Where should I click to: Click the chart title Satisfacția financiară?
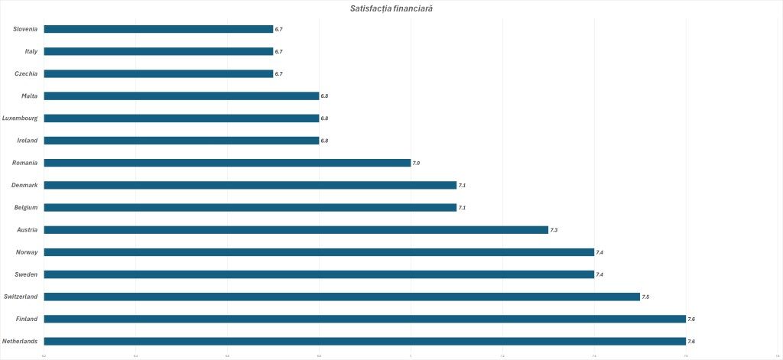[x=391, y=8]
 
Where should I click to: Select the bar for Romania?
[x=227, y=163]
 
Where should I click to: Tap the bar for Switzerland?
[x=342, y=297]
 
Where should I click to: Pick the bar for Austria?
[x=296, y=230]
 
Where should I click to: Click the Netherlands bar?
[x=365, y=341]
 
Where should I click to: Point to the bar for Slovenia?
[x=158, y=29]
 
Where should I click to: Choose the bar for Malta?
[x=181, y=96]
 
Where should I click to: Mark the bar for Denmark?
[x=250, y=185]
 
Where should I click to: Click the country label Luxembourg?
[x=20, y=118]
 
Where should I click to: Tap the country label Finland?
[x=27, y=319]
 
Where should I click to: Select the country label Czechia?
[x=26, y=74]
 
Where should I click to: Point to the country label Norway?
[x=27, y=252]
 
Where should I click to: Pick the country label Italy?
[x=31, y=51]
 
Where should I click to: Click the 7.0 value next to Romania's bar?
[x=416, y=163]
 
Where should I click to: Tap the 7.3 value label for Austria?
[x=554, y=230]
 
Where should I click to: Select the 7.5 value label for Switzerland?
[x=645, y=297]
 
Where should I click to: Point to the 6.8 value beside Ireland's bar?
[x=324, y=141]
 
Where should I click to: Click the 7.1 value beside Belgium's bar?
[x=462, y=207]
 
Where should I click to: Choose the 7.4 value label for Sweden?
[x=599, y=274]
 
